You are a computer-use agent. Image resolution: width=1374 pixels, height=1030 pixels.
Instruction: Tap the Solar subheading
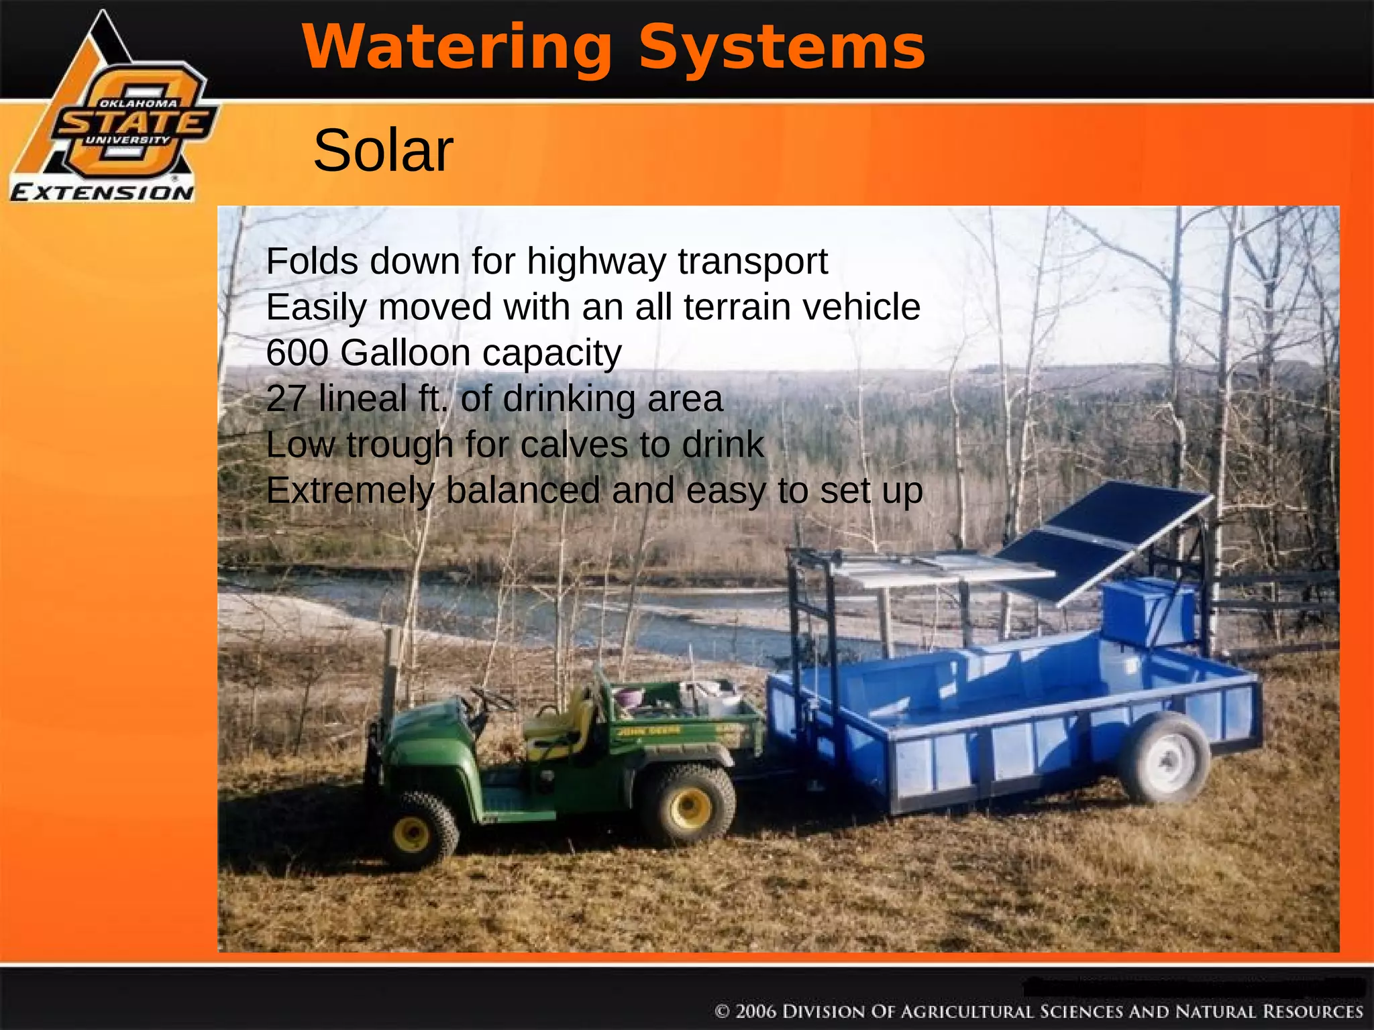pyautogui.click(x=383, y=151)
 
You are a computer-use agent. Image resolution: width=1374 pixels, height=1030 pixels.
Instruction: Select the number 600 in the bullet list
pyautogui.click(x=297, y=353)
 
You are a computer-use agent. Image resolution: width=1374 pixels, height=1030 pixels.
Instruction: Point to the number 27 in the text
pyautogui.click(x=286, y=398)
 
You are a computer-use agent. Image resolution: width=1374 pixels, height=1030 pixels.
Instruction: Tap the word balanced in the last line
pyautogui.click(x=523, y=490)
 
